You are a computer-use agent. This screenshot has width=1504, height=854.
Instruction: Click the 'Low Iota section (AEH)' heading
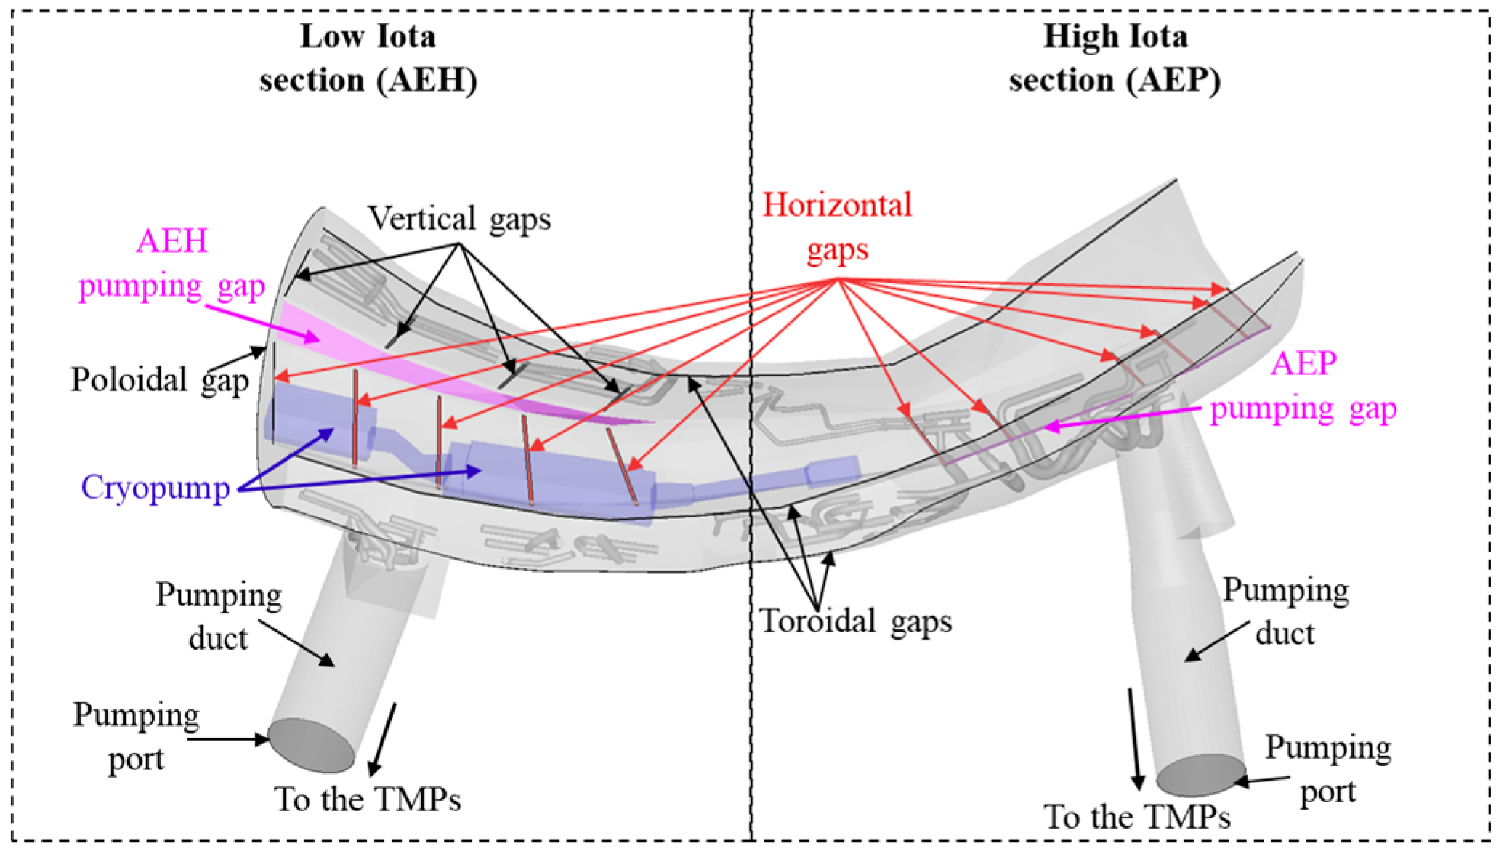[368, 58]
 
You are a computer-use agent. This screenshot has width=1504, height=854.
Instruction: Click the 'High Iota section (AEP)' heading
[1115, 58]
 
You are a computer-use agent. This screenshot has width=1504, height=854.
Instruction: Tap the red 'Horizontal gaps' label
[837, 227]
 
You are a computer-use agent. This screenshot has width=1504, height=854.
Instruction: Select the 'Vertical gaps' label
[459, 218]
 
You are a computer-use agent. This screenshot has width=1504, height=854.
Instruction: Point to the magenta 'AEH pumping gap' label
[172, 263]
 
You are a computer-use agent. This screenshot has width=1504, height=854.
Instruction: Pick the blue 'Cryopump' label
[155, 487]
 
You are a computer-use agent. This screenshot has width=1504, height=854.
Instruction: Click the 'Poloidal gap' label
[160, 379]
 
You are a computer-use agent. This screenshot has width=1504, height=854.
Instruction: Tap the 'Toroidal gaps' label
[855, 621]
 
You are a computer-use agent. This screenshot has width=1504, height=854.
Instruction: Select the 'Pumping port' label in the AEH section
[136, 736]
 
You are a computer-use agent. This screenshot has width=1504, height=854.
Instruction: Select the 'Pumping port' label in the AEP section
[1328, 769]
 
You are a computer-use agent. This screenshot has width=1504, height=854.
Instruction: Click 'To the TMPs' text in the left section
[368, 799]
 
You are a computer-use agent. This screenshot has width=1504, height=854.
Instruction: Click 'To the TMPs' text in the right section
[1137, 817]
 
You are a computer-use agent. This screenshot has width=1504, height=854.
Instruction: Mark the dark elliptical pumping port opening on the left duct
[312, 745]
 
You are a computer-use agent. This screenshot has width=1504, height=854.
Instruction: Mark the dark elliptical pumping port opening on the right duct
[1200, 776]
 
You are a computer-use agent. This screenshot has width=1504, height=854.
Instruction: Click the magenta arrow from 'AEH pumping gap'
[262, 323]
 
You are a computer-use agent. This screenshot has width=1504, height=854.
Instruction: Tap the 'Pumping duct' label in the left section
[218, 616]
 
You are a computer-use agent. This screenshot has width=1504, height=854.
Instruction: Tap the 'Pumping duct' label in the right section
[1285, 611]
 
